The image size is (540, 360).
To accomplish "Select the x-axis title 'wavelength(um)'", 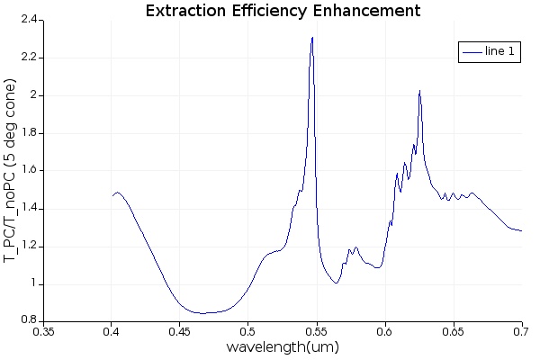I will tap(283, 347).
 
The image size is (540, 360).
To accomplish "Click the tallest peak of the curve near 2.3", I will tap(312, 38).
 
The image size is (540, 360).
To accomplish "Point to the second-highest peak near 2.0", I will tap(419, 91).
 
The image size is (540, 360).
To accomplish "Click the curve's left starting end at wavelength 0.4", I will tap(112, 195).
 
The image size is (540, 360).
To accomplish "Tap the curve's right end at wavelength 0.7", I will tap(522, 230).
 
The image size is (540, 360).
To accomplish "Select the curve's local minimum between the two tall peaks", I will tap(336, 283).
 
